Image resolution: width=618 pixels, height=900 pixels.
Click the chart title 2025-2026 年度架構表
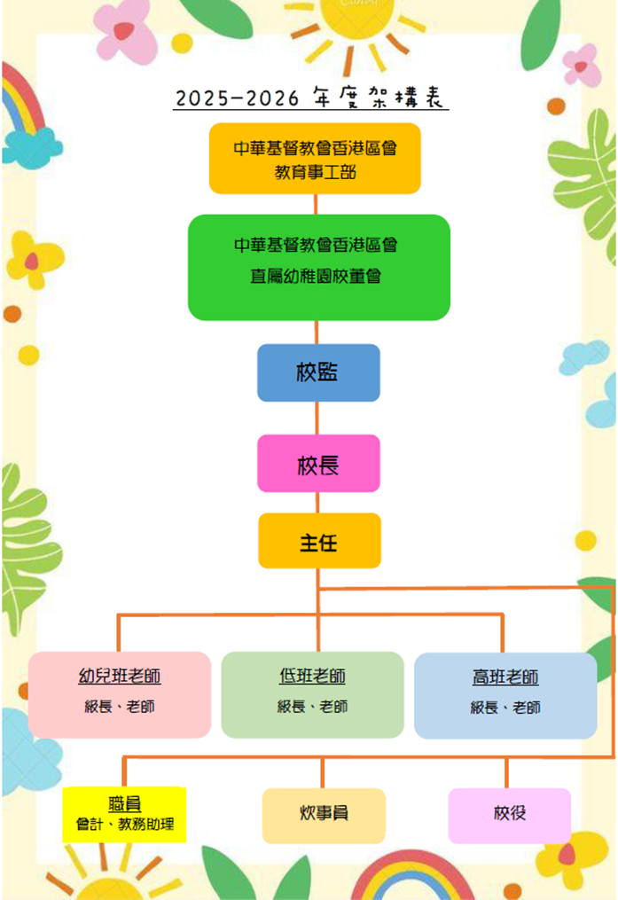tap(311, 98)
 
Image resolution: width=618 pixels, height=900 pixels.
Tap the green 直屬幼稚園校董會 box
tap(319, 267)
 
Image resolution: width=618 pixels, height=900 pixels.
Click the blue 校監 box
tap(318, 372)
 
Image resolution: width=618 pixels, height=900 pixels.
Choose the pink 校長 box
tap(318, 463)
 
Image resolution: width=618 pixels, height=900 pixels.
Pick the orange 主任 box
tap(319, 541)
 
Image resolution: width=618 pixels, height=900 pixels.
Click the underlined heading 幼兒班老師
tap(120, 677)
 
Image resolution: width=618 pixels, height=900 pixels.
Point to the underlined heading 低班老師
tap(312, 677)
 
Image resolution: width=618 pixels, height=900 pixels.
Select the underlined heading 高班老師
tap(505, 677)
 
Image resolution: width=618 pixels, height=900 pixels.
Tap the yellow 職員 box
tap(124, 813)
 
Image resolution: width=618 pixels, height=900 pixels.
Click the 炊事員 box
tap(324, 815)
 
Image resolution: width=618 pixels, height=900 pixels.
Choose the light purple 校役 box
tap(510, 815)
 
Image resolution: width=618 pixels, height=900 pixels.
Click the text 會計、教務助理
tap(125, 825)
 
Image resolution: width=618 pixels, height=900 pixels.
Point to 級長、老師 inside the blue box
tap(505, 708)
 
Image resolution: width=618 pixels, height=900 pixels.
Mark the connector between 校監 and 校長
tap(317, 418)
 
